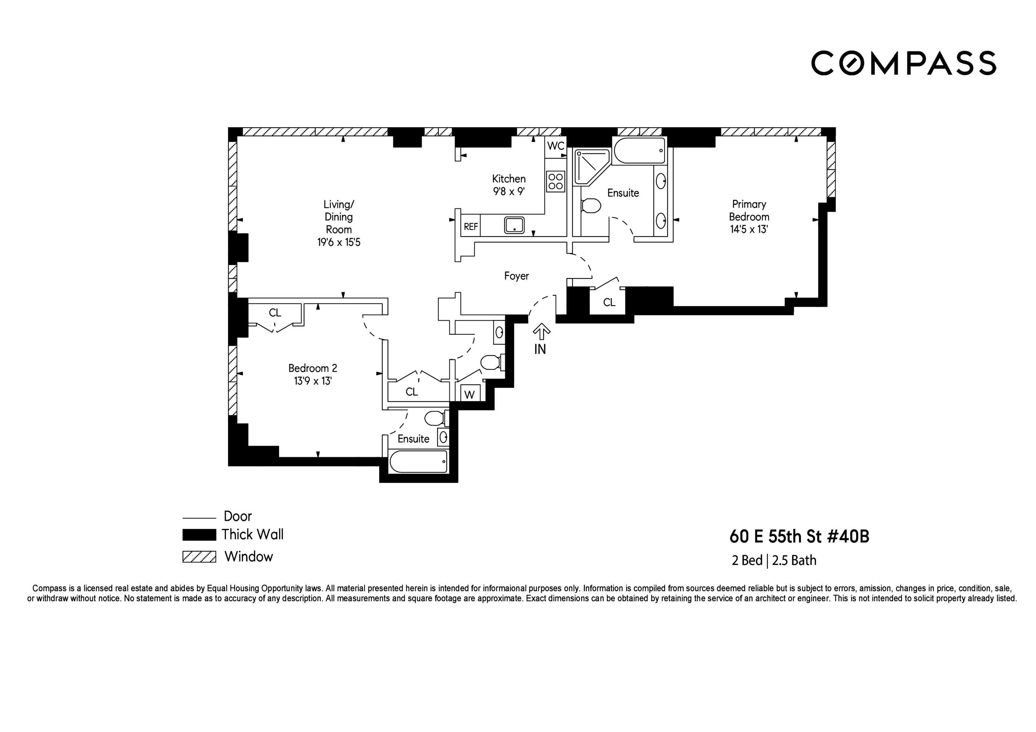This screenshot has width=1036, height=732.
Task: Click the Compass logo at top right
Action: [903, 63]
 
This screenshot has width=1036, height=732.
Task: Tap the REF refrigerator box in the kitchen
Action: [471, 226]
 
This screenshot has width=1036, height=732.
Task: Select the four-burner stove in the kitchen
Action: [555, 181]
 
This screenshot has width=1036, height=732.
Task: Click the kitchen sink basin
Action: [515, 225]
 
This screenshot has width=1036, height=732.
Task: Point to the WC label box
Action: [555, 146]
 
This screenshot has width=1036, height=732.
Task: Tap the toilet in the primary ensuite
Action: [591, 206]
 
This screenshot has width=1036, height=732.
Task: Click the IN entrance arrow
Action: [541, 332]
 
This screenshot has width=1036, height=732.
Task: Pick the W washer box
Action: [469, 394]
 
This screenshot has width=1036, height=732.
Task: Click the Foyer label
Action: [516, 275]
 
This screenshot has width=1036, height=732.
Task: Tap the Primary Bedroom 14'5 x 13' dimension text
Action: [749, 229]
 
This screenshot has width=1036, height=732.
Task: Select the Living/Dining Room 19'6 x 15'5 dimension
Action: [338, 242]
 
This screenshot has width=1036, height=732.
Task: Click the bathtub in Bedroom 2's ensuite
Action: [418, 461]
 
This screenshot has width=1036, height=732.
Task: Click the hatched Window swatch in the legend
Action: [199, 557]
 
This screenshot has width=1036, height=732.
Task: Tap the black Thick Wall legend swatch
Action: [199, 535]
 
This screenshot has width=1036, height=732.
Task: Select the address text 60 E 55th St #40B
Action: [799, 537]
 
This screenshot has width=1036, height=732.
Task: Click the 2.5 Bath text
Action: [794, 560]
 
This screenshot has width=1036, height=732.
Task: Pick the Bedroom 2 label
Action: [312, 368]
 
